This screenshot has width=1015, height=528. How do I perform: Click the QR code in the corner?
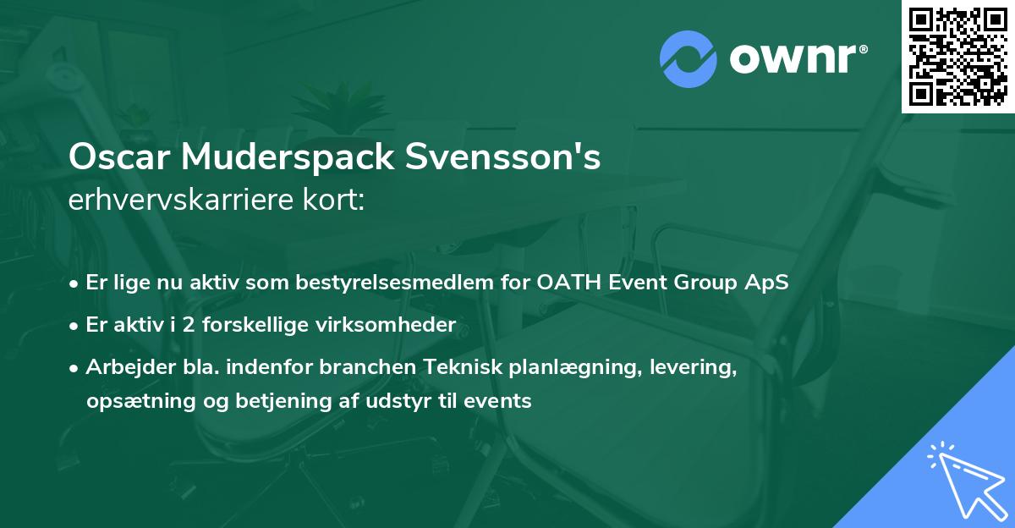[x=958, y=57]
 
